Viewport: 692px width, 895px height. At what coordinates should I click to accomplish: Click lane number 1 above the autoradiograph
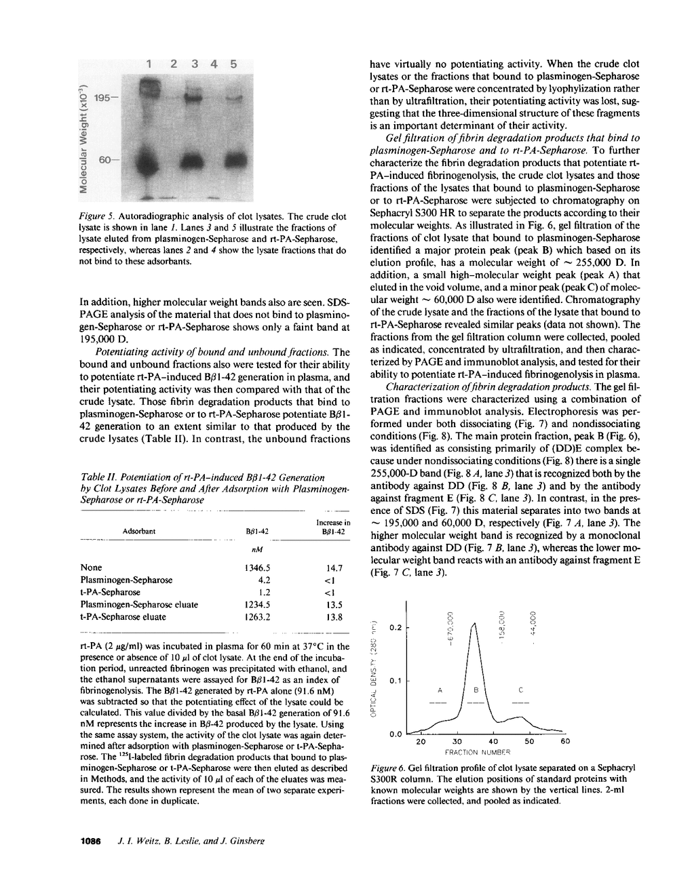click(148, 64)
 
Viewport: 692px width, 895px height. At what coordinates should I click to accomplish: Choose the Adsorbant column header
click(139, 531)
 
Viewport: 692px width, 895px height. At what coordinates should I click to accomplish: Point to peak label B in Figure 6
click(476, 690)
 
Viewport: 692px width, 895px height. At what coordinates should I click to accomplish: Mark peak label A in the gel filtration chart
click(440, 690)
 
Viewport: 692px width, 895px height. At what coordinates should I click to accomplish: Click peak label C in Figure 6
click(520, 690)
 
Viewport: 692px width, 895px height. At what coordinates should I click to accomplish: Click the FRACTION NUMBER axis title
click(477, 752)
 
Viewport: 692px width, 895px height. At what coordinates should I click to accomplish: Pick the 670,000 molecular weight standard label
click(450, 628)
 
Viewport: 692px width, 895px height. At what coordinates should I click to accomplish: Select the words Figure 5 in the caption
click(96, 216)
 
